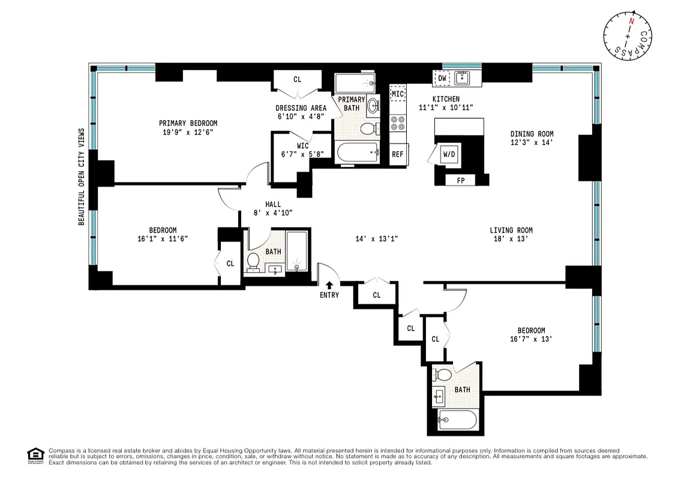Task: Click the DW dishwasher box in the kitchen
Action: tap(442, 78)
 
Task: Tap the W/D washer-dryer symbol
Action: tap(449, 154)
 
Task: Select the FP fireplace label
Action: tap(461, 180)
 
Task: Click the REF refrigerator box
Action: tap(398, 154)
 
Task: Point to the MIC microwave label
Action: tap(398, 94)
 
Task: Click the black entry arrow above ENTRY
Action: tap(329, 285)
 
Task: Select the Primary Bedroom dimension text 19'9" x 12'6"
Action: tap(188, 133)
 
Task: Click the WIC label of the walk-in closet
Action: tap(302, 146)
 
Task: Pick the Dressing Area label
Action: tap(301, 108)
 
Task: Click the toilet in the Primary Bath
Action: tap(368, 128)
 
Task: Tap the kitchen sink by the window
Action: tap(461, 77)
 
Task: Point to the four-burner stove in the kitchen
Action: tap(397, 124)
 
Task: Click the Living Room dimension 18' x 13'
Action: tap(511, 239)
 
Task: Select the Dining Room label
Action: tap(532, 134)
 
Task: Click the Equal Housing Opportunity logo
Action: tap(35, 455)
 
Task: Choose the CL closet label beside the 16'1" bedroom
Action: tap(230, 263)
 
